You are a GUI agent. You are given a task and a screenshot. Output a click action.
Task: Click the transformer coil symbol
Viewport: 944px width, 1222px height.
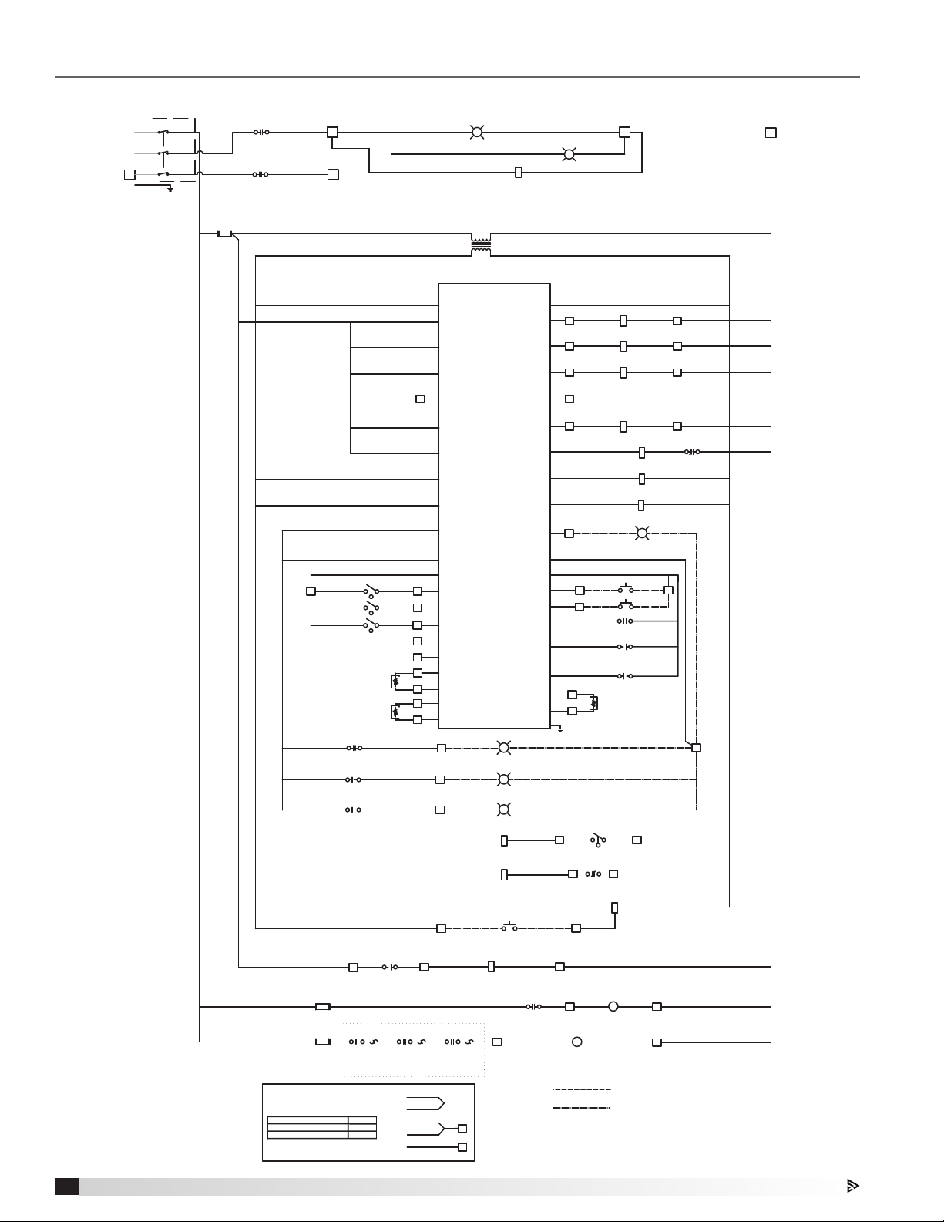(x=481, y=244)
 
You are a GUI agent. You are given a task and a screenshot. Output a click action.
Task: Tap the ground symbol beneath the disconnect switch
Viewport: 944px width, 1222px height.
(x=170, y=188)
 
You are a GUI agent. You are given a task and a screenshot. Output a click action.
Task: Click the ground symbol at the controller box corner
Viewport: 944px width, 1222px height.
(x=560, y=729)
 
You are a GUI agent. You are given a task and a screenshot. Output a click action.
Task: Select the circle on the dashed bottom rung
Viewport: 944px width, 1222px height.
(x=576, y=1042)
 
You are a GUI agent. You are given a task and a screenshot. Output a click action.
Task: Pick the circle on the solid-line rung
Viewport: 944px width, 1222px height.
(x=613, y=1006)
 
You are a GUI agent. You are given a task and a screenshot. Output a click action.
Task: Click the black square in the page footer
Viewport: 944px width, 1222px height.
(x=67, y=1186)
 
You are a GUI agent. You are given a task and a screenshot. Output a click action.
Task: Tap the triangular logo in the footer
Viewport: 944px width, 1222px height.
(x=852, y=1186)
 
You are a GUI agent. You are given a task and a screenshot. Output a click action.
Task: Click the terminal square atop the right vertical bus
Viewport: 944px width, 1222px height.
(x=771, y=133)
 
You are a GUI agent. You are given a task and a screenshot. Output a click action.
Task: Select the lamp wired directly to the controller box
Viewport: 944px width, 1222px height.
(x=642, y=533)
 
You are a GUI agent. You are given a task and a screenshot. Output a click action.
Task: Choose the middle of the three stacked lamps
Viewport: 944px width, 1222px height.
(x=504, y=779)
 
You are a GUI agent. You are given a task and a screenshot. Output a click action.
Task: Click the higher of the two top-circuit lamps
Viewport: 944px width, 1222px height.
(x=477, y=133)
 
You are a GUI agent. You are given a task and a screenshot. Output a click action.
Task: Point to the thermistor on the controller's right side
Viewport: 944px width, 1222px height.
(x=593, y=702)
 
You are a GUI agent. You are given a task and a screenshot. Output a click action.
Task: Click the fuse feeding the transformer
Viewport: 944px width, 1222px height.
(x=224, y=233)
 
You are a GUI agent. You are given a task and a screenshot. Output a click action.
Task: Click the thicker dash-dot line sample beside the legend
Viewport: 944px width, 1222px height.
(x=582, y=1108)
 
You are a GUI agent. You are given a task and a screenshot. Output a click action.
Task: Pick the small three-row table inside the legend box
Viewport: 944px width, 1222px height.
(x=321, y=1127)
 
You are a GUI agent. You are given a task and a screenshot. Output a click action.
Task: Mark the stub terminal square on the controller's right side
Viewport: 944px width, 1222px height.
(x=569, y=399)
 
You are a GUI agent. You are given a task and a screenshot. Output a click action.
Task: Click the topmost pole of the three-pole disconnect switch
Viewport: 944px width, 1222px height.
(x=163, y=132)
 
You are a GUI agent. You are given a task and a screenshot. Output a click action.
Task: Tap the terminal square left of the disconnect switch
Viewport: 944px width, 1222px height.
(x=129, y=174)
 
